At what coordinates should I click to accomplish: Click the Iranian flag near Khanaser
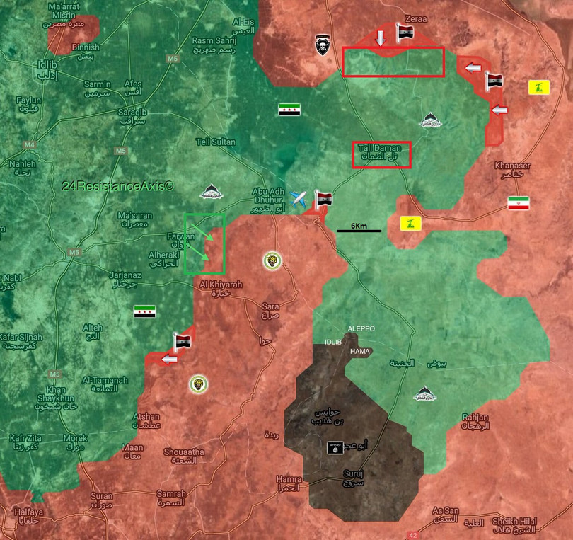[518, 204]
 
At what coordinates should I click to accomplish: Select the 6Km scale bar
[359, 229]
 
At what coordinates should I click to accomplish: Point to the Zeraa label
[416, 19]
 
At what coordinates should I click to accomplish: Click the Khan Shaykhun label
[56, 394]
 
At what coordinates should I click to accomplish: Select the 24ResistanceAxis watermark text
[118, 186]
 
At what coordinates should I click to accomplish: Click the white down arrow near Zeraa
[380, 37]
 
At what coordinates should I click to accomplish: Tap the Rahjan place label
[475, 422]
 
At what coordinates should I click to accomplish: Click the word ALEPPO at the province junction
[361, 329]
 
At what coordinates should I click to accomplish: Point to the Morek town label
[76, 442]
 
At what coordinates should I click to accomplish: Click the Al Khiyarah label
[221, 288]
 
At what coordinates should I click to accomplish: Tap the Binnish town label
[86, 52]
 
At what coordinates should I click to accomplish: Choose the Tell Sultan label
[216, 142]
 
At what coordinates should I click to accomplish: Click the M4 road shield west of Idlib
[29, 146]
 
